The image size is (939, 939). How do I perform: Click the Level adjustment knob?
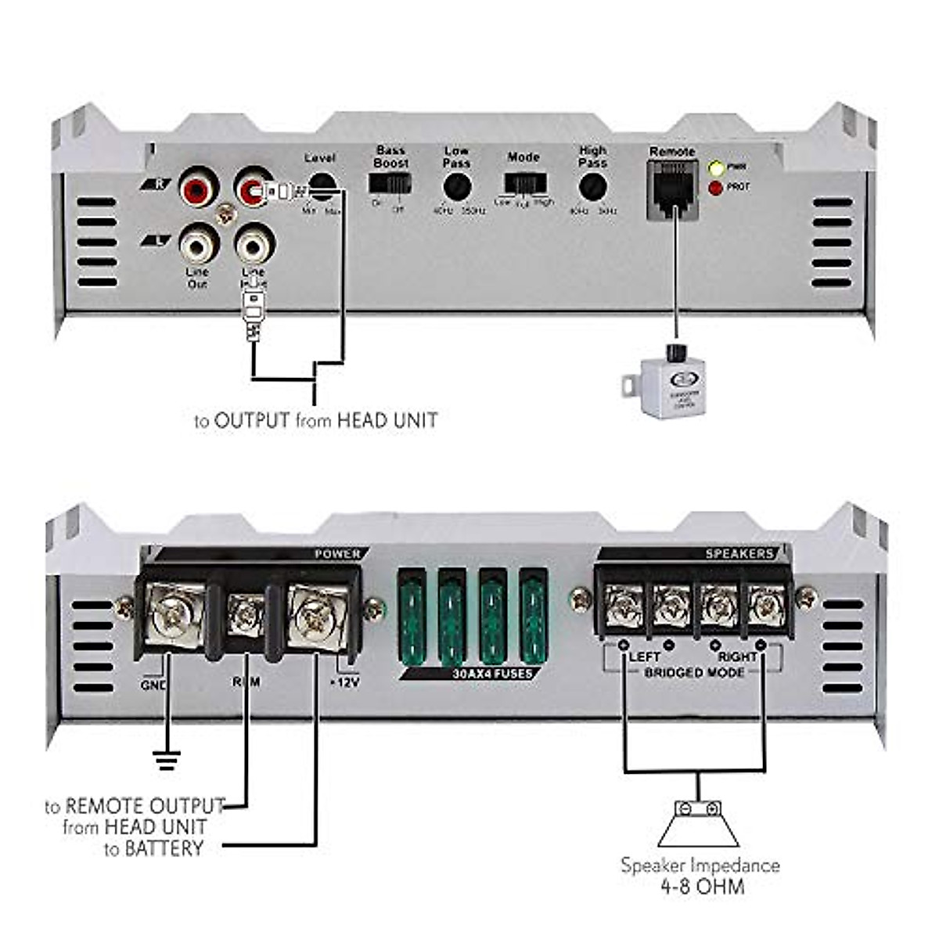[322, 186]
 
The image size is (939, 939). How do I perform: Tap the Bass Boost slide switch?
[390, 183]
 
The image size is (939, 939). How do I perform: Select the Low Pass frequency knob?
[456, 188]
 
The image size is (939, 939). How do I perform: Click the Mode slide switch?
[524, 184]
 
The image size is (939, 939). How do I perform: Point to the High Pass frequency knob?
[592, 188]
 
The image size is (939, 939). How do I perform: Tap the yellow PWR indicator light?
[715, 167]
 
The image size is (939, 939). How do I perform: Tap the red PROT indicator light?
[715, 188]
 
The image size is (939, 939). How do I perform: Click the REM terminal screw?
[246, 615]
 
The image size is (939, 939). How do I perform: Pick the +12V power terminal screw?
[315, 615]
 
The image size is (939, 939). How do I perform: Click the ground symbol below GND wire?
[167, 759]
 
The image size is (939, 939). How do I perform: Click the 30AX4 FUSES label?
[493, 674]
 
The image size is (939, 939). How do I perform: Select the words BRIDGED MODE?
[693, 673]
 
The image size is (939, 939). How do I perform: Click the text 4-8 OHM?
[699, 887]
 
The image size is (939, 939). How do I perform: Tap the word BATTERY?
[164, 848]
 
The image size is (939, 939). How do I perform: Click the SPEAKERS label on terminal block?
[739, 554]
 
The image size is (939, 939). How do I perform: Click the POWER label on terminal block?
[337, 554]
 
